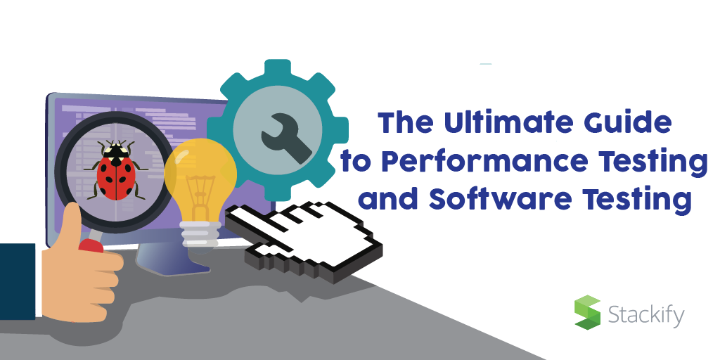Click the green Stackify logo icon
coord(588,313)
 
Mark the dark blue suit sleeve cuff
coord(18,281)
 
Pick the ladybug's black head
coord(115,150)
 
